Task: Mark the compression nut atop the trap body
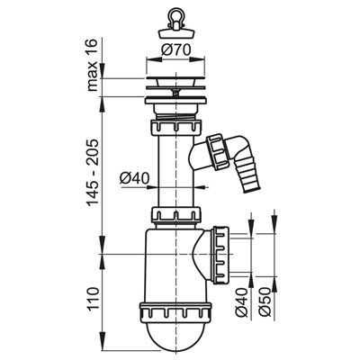point(175,216)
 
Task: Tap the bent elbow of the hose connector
point(230,149)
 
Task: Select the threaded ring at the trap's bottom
point(175,310)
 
